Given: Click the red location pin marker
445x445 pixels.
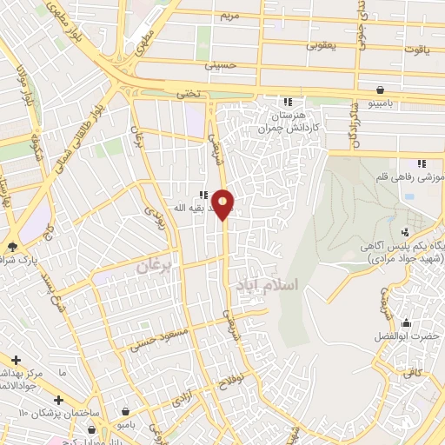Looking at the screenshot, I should [x=224, y=204].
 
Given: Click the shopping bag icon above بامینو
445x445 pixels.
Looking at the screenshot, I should [x=380, y=90].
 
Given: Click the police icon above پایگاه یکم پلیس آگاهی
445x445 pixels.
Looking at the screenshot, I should [x=405, y=231].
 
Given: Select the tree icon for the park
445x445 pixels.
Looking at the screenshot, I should [x=12, y=246].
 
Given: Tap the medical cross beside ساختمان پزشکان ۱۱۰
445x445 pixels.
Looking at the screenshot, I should [x=57, y=401].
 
